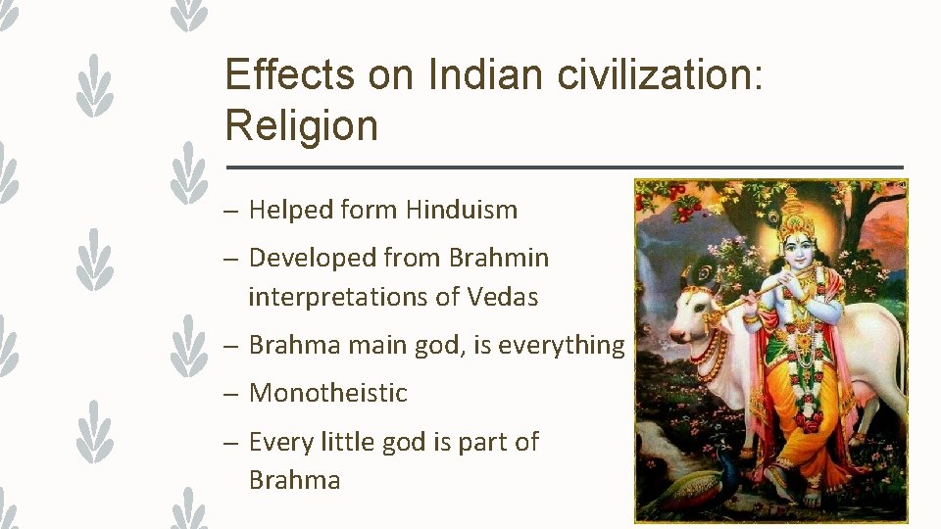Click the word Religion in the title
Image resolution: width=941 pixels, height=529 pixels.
coord(301,126)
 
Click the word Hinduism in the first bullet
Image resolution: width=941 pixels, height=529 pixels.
coord(462,210)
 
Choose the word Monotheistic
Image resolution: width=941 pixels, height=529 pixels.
coord(327,393)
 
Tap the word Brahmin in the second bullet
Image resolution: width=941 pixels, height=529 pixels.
coord(498,258)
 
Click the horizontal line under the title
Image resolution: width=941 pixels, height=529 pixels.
coord(564,167)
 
